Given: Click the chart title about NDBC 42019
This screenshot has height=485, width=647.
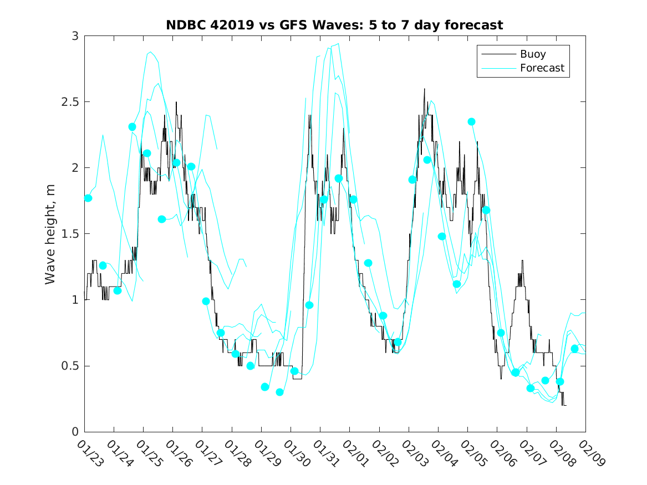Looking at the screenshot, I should point(334,25).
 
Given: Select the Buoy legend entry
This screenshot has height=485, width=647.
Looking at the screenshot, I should point(532,54).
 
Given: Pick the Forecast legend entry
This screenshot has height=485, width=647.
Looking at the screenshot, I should point(542,68).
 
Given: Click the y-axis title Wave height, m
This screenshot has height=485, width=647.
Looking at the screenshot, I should point(50,234).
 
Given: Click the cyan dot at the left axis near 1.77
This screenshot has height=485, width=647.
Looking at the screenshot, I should point(88,198).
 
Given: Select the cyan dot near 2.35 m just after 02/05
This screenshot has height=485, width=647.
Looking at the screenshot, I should point(471,121).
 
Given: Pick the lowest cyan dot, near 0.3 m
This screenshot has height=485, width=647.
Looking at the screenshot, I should point(279,392).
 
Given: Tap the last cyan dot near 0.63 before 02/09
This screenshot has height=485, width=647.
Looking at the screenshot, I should point(574,349).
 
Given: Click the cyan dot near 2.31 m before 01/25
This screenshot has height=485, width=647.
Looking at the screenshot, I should point(132,127).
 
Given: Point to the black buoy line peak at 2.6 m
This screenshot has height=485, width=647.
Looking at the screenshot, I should point(424,89).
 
